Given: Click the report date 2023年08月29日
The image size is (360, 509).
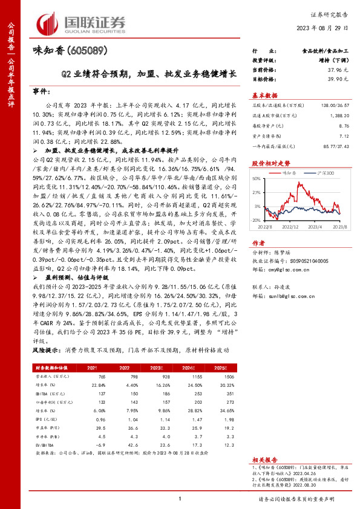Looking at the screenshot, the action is (x=324, y=28).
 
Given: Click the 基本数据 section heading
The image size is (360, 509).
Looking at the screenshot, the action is (x=264, y=96).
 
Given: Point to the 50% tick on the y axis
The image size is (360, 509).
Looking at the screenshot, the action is (x=257, y=179).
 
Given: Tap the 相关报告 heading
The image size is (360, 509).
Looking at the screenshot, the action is (x=264, y=459).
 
